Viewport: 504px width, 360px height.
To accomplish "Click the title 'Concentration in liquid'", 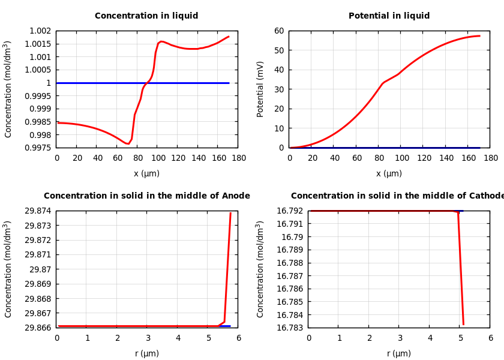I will [x=146, y=16].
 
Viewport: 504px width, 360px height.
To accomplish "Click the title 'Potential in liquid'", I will [x=389, y=16].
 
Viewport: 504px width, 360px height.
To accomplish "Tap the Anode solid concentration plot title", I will [x=146, y=196].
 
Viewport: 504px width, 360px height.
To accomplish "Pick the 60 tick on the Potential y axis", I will [x=279, y=31].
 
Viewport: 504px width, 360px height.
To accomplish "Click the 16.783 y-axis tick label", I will [x=291, y=328].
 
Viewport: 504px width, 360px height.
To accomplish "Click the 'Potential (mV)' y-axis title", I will [x=260, y=89].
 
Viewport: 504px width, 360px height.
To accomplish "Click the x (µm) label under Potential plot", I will [x=389, y=174].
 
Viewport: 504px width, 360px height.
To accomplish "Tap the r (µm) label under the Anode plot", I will [x=146, y=354].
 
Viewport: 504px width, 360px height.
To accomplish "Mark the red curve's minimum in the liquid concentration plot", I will [x=127, y=144].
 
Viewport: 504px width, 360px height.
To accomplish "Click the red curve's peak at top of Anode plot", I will [x=230, y=213].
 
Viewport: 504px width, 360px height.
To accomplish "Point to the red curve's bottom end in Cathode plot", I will [x=463, y=325].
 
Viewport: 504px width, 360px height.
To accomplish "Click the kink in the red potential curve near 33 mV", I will [x=383, y=83].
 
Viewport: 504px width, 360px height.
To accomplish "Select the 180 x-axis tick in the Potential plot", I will [x=490, y=158].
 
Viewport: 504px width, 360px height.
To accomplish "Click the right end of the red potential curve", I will [x=479, y=36].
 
